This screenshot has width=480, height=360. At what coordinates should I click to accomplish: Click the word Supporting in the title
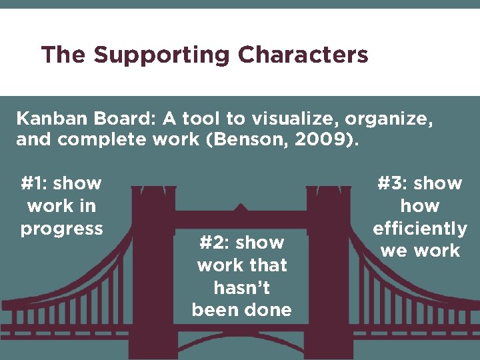162,55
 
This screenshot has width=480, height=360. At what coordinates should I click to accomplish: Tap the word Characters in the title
303,55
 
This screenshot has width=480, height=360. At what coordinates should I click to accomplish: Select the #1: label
33,183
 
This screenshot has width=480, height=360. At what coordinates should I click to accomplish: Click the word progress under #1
61,229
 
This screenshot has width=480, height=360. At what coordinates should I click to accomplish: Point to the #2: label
213,242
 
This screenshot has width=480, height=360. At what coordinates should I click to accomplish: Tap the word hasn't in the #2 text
241,287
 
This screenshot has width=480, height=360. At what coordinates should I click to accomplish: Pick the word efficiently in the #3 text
420,229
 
